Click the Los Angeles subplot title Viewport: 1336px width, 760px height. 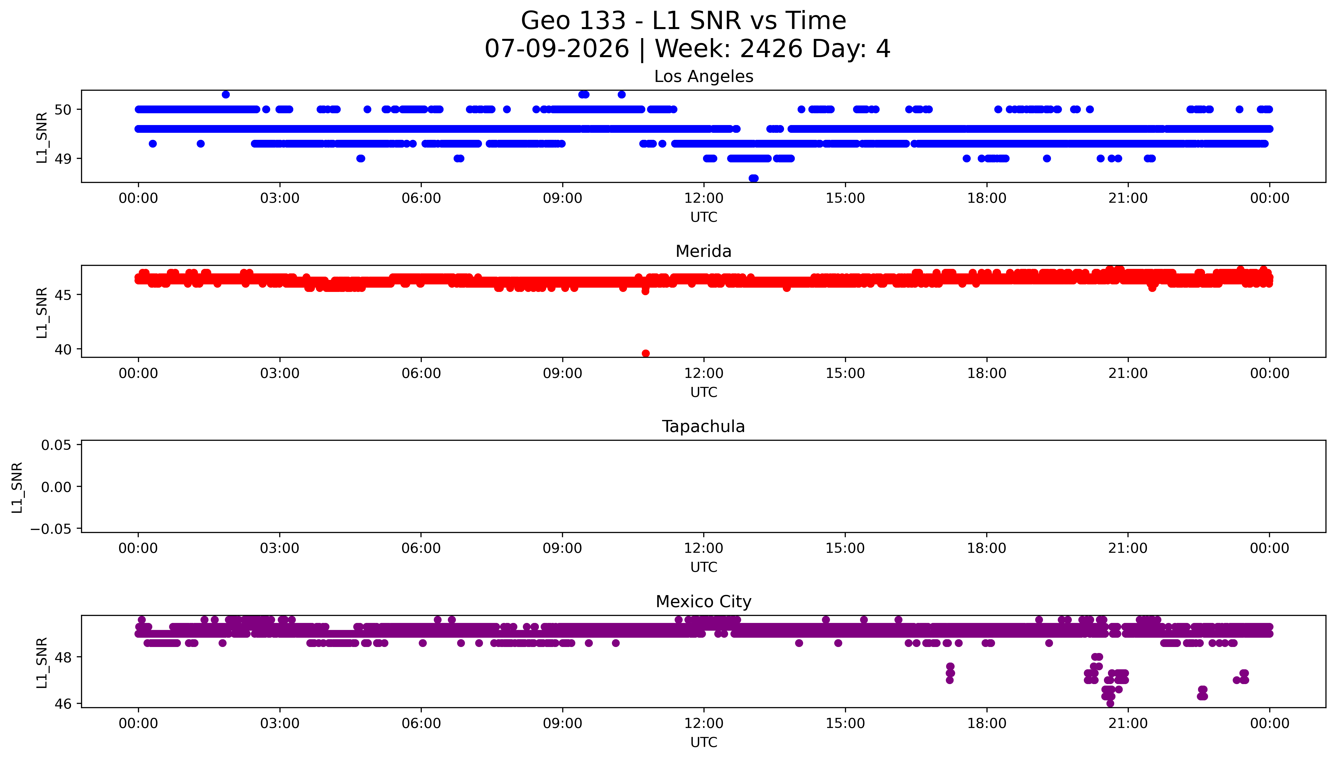click(x=703, y=77)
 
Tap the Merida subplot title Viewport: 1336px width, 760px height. click(x=703, y=252)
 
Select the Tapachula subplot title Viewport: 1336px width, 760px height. click(x=703, y=426)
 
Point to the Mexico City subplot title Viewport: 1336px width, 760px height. click(x=703, y=602)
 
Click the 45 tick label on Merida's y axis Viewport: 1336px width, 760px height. click(x=63, y=295)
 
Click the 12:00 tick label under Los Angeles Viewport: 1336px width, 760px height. click(x=704, y=198)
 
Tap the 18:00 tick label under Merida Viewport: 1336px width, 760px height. click(x=987, y=373)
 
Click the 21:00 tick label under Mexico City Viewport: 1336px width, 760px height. click(x=1128, y=723)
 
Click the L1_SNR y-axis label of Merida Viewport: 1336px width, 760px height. click(x=42, y=313)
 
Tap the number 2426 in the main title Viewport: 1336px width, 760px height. click(x=771, y=49)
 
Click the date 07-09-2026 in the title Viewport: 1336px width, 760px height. click(x=557, y=49)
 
